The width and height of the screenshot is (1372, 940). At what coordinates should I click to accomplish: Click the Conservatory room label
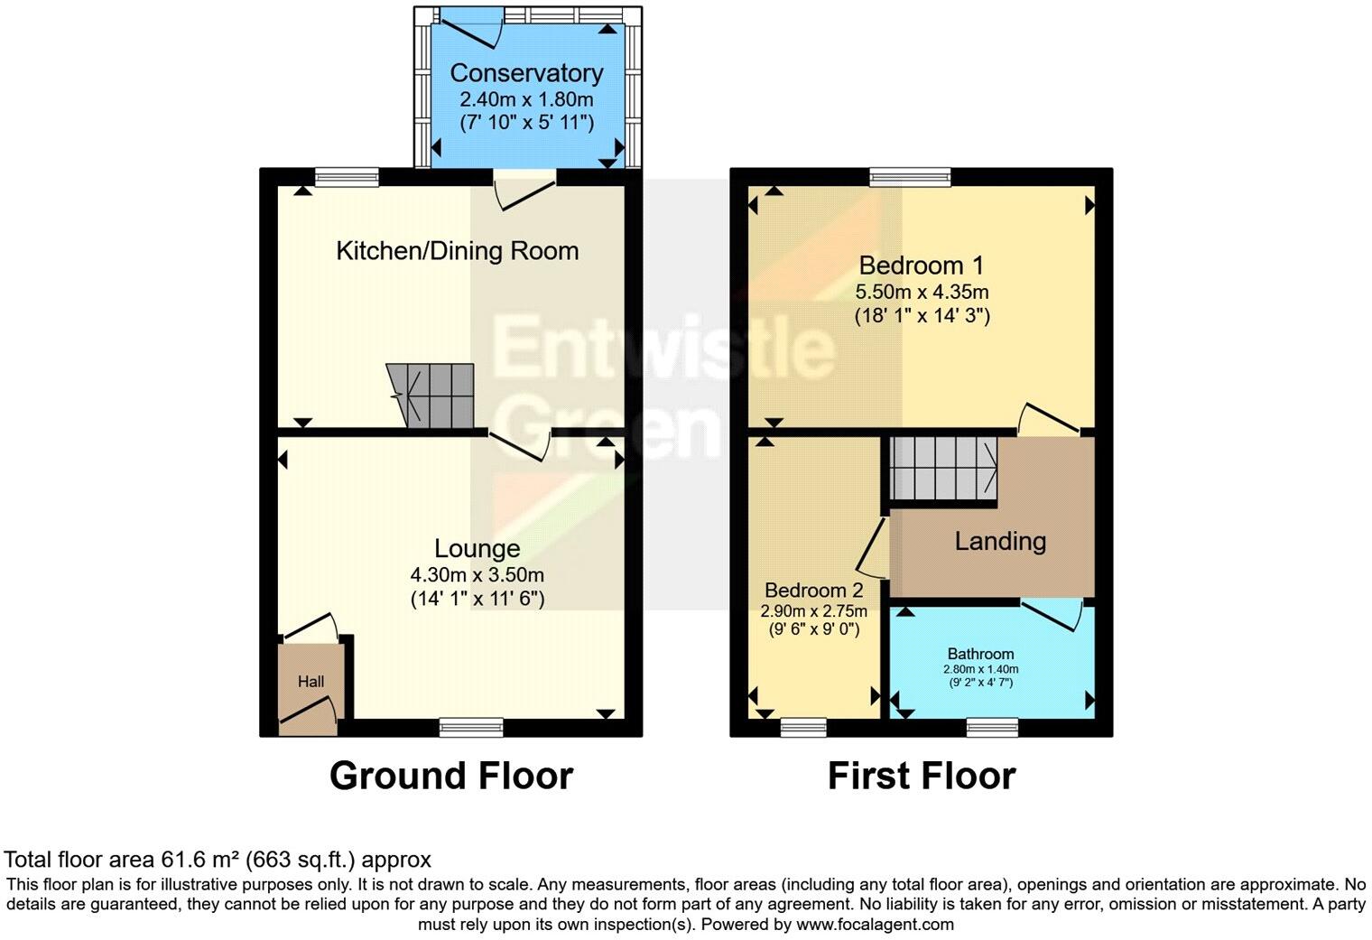point(526,73)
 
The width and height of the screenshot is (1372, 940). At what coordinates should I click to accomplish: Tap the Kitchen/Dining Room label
point(457,251)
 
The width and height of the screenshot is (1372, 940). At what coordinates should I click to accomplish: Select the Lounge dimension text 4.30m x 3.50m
point(477,574)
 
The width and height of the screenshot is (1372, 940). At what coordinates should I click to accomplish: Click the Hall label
point(311,682)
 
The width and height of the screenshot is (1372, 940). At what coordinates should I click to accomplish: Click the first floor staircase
point(942,468)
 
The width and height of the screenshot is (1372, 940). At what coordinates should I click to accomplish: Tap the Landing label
point(1000,541)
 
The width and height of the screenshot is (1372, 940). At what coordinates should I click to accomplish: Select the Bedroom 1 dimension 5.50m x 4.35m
point(922,292)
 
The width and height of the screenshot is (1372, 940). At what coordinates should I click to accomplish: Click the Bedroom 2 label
point(814,591)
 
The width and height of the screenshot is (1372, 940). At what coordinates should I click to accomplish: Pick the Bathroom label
point(980,654)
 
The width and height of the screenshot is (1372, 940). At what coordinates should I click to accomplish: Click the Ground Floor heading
point(450,776)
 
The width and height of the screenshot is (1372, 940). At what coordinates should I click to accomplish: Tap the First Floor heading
point(922,776)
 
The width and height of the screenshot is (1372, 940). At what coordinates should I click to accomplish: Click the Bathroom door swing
point(1053,615)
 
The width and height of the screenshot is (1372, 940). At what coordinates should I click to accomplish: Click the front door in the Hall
point(308,713)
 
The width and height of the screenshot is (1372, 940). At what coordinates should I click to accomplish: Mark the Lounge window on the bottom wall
point(471,727)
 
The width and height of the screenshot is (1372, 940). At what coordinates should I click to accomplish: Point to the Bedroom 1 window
point(910,177)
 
